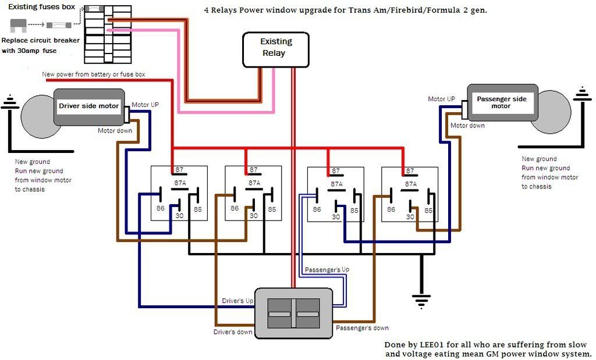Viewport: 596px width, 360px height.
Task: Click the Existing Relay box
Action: [x=275, y=48]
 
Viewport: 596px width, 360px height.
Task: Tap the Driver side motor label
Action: [x=89, y=106]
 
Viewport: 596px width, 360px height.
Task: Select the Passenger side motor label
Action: [x=501, y=102]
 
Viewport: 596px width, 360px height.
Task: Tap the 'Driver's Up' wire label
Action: [x=237, y=301]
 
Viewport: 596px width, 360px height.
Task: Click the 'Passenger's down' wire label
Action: [x=362, y=328]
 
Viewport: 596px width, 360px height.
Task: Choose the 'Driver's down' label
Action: [x=233, y=332]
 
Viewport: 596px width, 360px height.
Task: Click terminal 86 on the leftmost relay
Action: [x=159, y=208]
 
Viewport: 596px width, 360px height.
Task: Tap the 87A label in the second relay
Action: [x=254, y=183]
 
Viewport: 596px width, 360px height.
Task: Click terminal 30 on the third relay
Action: [x=336, y=217]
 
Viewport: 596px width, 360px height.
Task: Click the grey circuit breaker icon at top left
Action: [x=18, y=26]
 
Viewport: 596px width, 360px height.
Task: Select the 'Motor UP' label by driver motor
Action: [x=145, y=105]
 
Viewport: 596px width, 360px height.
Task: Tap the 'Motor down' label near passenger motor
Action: [x=467, y=125]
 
